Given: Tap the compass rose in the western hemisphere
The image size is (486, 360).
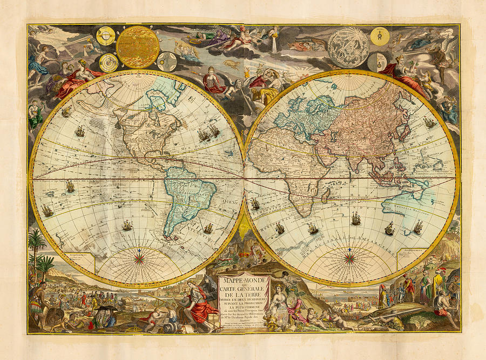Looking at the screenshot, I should click(140, 258).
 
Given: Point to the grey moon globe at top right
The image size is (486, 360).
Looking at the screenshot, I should click(348, 47).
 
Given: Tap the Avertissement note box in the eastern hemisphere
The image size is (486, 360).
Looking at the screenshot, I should click(411, 257).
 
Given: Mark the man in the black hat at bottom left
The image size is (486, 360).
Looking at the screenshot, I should click(102, 315).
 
